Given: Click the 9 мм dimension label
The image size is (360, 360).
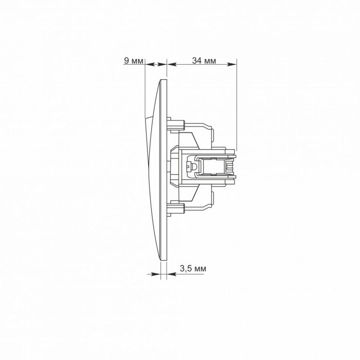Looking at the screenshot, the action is [x=133, y=61].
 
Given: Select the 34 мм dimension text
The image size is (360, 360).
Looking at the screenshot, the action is [x=204, y=61].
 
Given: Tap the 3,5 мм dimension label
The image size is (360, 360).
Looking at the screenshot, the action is [x=193, y=268].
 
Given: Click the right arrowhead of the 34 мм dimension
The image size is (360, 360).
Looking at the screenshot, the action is [x=232, y=64].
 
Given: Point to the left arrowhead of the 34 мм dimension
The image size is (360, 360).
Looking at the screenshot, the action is [x=171, y=64].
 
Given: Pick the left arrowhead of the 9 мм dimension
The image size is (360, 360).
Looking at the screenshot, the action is [x=150, y=64].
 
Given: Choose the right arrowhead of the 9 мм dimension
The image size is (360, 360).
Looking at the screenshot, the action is [x=161, y=64].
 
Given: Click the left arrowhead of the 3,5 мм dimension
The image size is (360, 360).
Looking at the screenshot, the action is [x=155, y=274].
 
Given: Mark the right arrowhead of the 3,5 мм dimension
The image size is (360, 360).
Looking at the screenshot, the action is [x=172, y=274].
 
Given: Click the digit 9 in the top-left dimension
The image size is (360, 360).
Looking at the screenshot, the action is [x=127, y=61].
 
